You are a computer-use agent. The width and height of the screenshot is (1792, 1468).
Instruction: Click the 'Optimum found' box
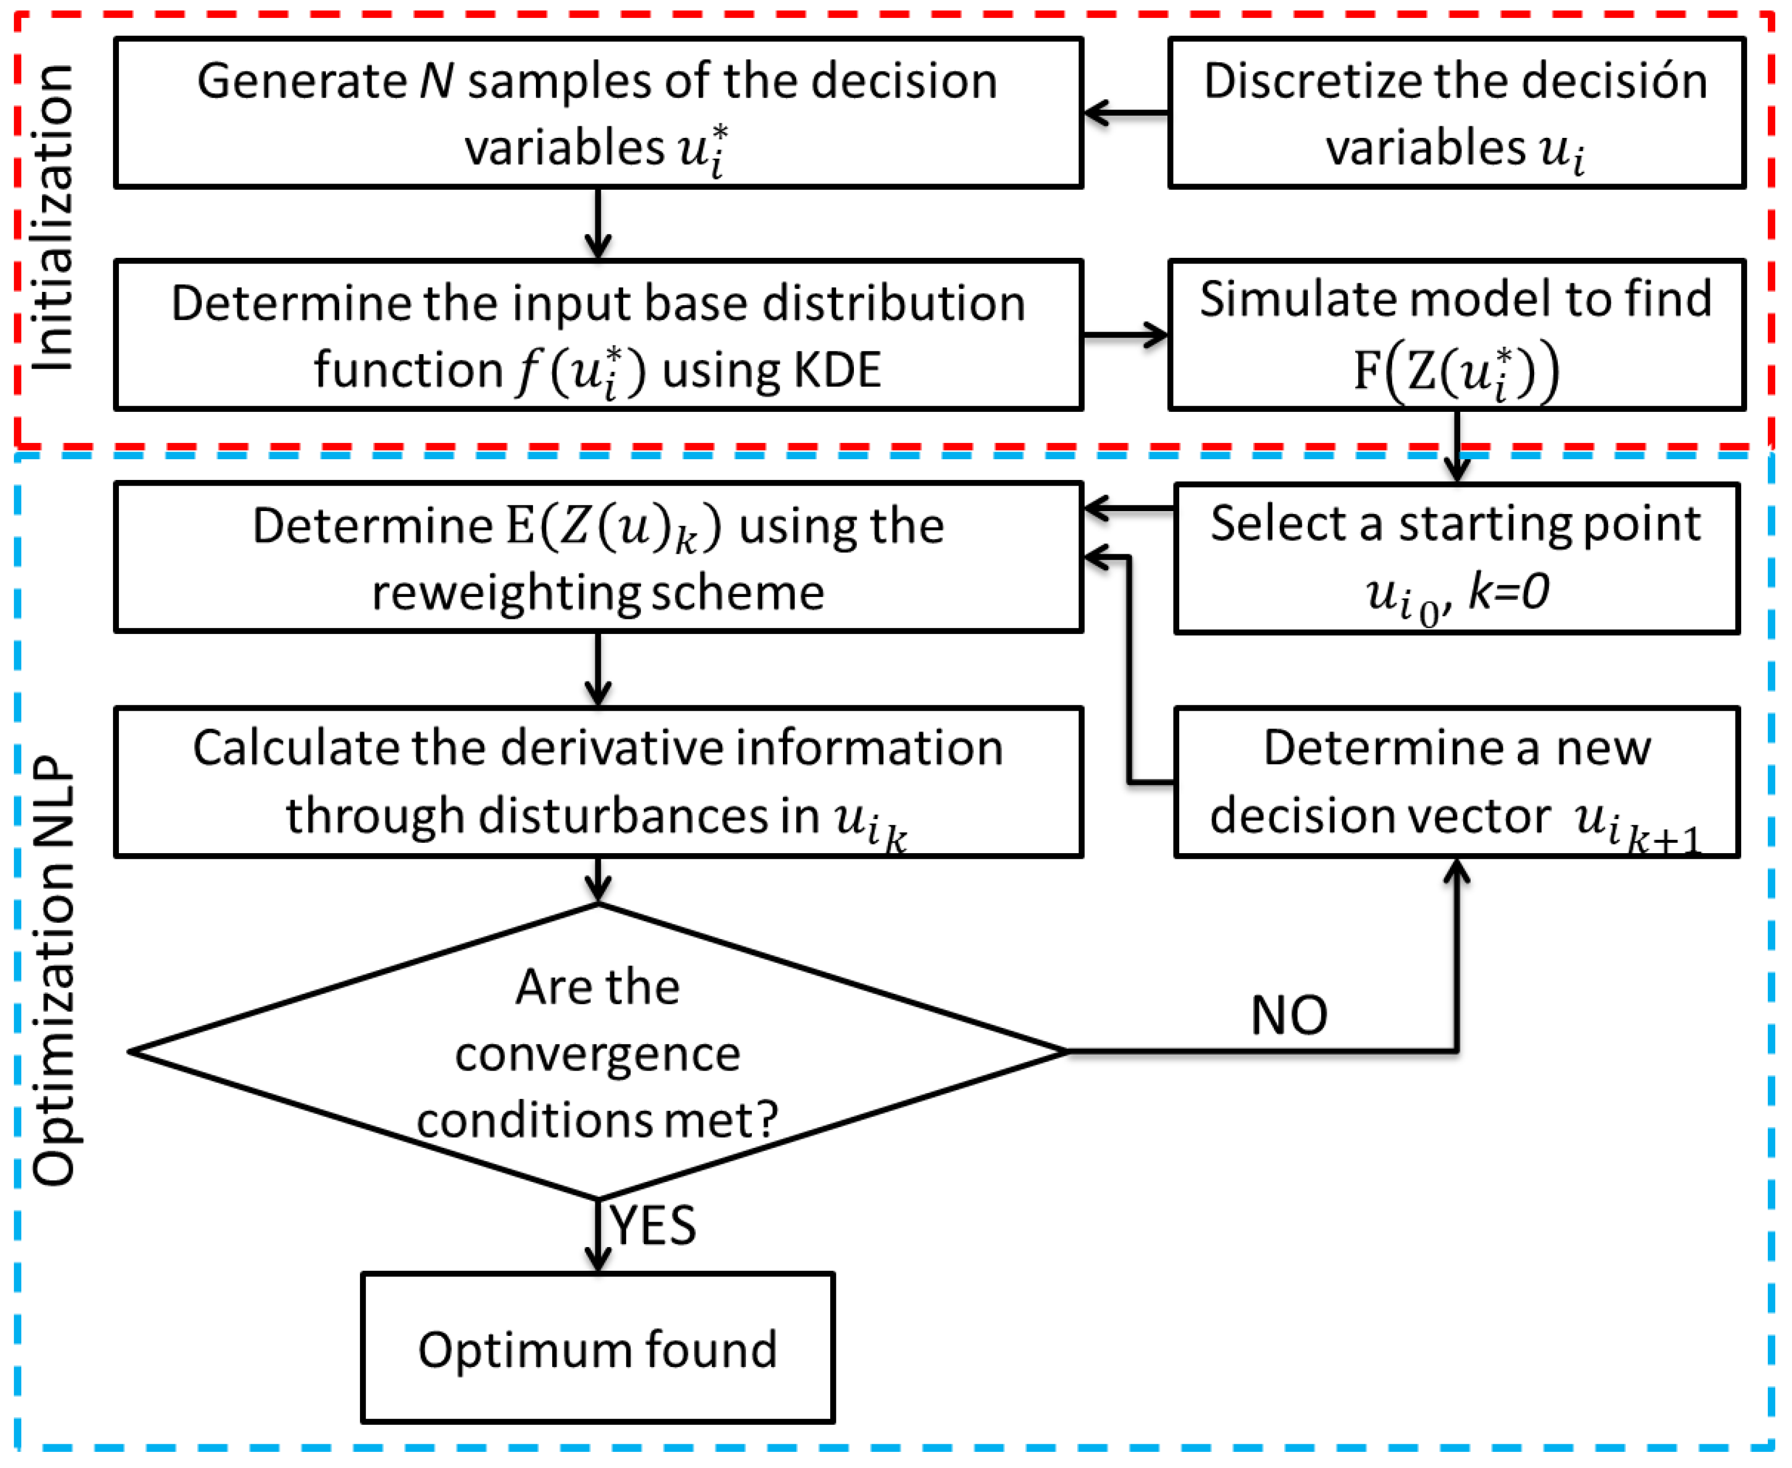[597, 1348]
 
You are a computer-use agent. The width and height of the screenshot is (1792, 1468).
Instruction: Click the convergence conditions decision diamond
[597, 1052]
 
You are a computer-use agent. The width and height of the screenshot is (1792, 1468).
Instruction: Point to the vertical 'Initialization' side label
[53, 217]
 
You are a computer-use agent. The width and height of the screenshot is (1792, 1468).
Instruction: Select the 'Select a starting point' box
[1456, 558]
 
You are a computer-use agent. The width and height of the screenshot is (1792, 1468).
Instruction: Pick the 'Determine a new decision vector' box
[1456, 782]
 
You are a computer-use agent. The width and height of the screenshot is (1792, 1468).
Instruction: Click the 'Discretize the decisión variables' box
[1456, 112]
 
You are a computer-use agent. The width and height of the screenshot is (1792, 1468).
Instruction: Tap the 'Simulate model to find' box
[1456, 335]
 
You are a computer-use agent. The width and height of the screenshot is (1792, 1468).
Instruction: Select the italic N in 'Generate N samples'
[437, 82]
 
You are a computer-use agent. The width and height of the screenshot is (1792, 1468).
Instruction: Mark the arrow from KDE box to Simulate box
[1124, 335]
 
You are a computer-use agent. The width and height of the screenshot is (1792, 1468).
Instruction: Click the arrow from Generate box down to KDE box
[598, 223]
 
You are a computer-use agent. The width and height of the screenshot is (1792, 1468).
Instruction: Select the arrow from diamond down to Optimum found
[598, 1234]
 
